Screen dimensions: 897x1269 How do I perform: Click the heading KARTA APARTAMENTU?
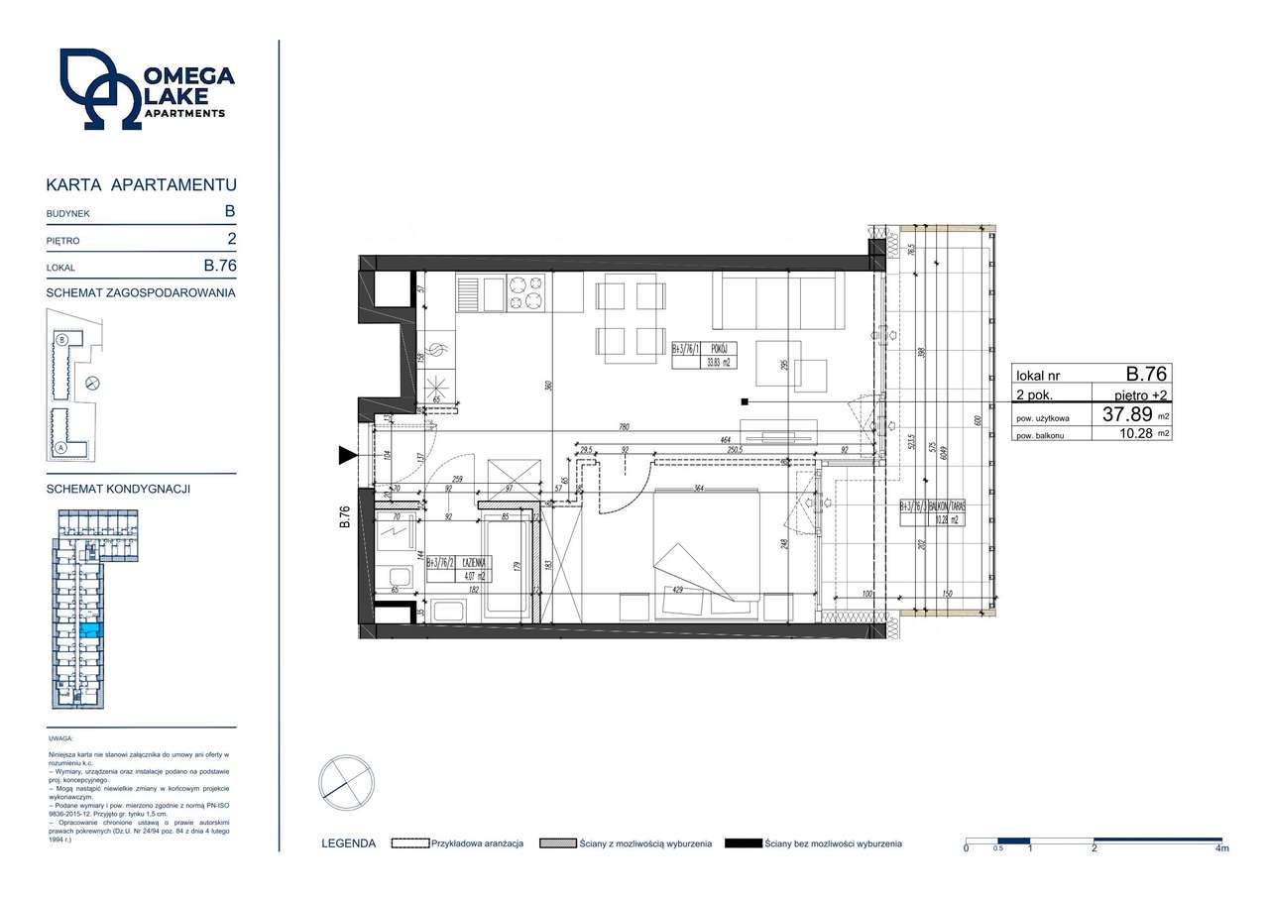(141, 184)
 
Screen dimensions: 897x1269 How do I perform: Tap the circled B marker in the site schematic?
(62, 339)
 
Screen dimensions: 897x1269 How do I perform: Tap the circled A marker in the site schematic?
(61, 447)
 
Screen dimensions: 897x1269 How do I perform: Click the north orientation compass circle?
(346, 783)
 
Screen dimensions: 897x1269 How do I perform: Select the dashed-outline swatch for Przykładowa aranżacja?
(408, 843)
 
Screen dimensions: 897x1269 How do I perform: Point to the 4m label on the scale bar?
(1221, 849)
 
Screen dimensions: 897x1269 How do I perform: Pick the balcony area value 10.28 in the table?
(1135, 433)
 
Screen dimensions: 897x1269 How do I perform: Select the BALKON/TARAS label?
(947, 506)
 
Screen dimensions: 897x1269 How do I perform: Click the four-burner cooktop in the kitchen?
(526, 291)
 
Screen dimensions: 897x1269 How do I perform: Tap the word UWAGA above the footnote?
(59, 739)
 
